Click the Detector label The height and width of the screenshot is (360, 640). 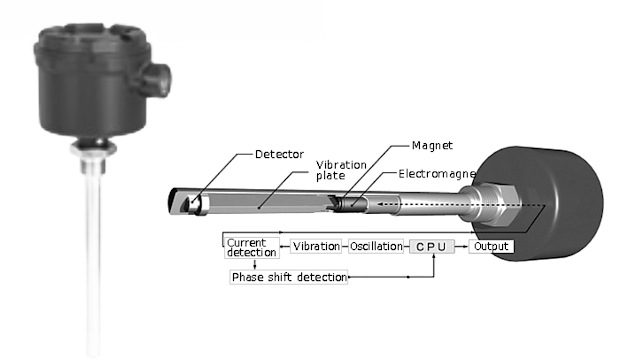(280, 154)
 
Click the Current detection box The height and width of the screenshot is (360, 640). (248, 247)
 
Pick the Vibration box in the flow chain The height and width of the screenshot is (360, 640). (315, 246)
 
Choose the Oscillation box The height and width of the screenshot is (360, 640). (374, 246)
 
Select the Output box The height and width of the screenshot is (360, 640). (491, 246)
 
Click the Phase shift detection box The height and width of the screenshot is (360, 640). (289, 276)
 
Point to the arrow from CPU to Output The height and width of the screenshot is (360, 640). (463, 246)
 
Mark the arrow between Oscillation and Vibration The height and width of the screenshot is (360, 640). (344, 246)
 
